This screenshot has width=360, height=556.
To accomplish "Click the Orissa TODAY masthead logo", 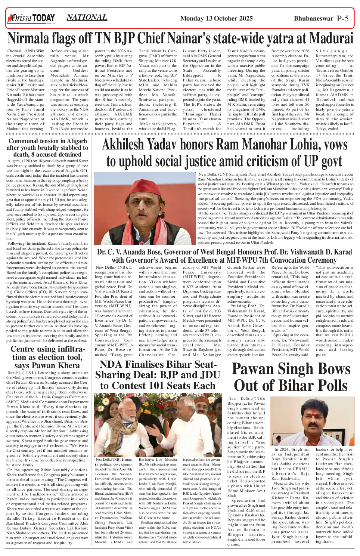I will pos(31,18).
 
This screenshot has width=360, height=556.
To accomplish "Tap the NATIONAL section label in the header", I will pos(87,17).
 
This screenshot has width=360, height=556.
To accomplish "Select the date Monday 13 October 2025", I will pos(216,18).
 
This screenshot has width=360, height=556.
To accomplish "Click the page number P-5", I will pos(342,18).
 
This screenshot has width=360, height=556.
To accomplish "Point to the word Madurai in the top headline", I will pos(331,38).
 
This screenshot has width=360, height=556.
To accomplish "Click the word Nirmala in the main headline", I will pos(31,38).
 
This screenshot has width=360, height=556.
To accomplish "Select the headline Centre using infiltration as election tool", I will pos(47,356).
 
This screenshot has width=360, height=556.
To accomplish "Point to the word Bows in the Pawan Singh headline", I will pos(332,369).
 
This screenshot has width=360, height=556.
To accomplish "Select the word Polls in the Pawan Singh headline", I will pos(329,385).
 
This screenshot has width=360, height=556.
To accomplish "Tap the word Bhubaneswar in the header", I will pos(313,18).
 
